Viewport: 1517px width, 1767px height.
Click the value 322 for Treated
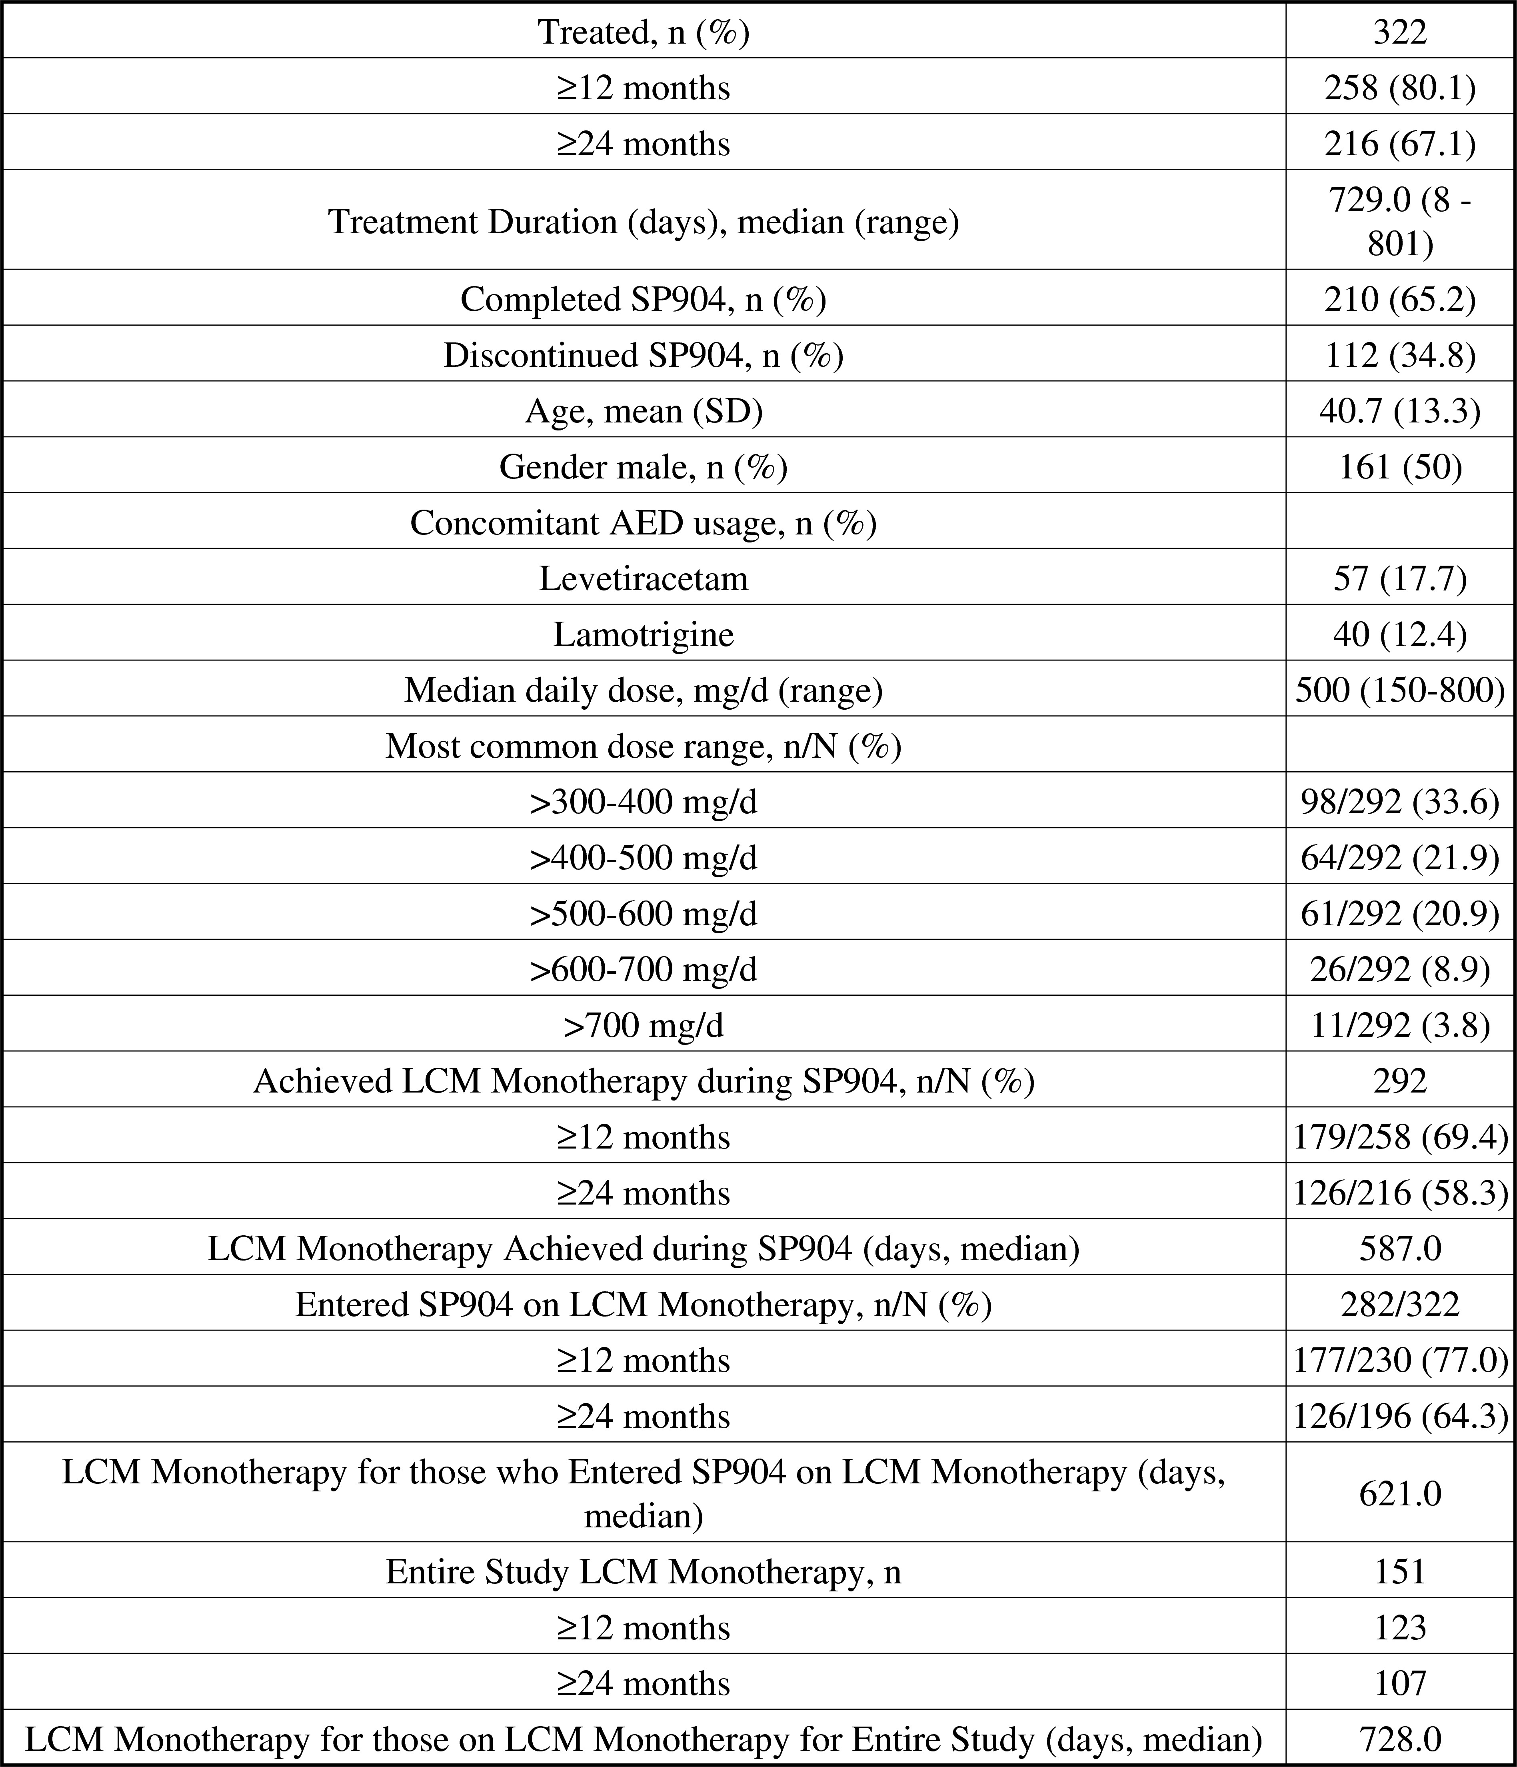1399,32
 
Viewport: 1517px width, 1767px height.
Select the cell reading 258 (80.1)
1399,87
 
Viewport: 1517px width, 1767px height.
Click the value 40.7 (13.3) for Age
1399,411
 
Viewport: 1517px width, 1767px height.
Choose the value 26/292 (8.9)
1399,969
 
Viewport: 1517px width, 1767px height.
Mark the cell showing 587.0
1399,1248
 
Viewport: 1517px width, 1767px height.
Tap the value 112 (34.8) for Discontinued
1399,355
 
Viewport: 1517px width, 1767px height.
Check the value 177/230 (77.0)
1399,1359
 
